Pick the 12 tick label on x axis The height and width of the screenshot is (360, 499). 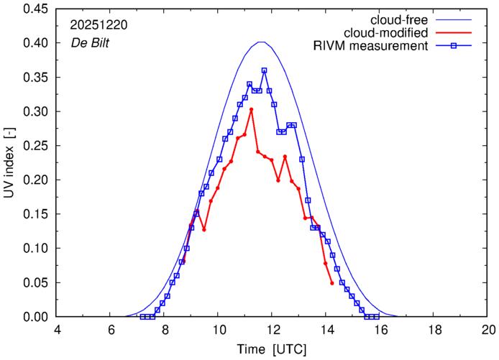click(x=273, y=330)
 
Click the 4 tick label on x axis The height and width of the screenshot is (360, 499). click(x=58, y=330)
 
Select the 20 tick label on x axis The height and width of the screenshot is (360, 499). click(x=488, y=330)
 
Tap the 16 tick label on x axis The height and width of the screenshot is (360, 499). click(x=380, y=330)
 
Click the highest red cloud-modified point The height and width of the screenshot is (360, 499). click(x=251, y=109)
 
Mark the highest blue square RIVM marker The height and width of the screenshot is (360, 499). click(x=265, y=70)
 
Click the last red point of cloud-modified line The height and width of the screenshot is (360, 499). click(x=332, y=283)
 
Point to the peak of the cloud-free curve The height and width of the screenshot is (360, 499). click(x=262, y=42)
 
